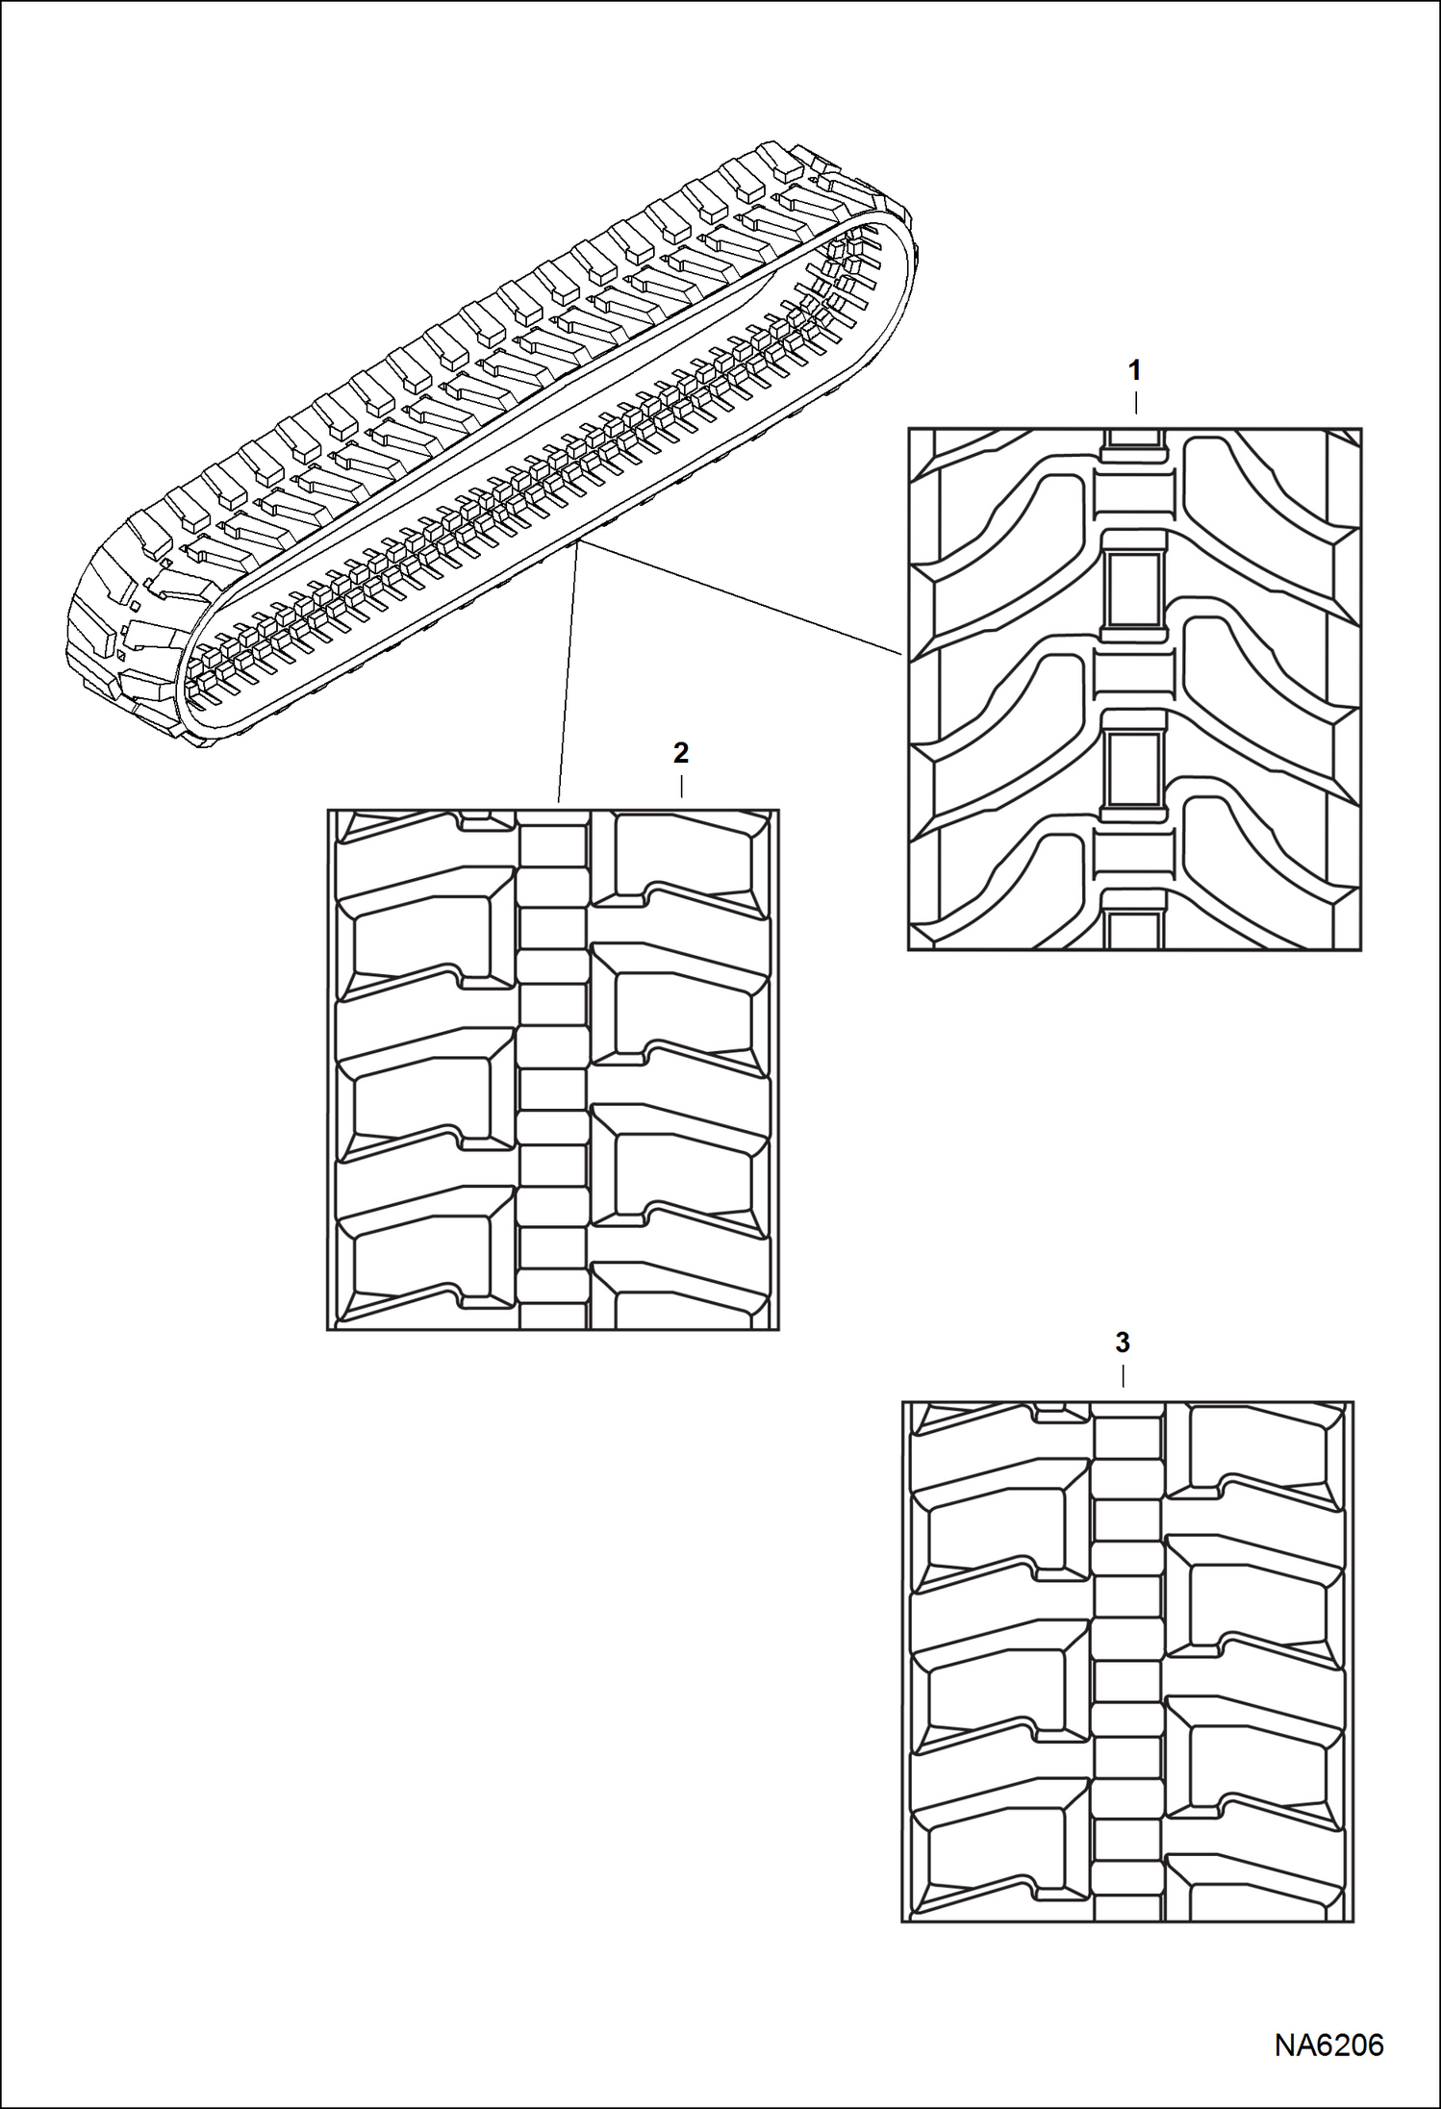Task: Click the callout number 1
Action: click(1135, 369)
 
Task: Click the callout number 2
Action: click(681, 752)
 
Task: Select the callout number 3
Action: click(1123, 1342)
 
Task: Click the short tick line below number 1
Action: click(1135, 402)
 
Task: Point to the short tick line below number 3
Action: click(1123, 1374)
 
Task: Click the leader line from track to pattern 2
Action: click(568, 673)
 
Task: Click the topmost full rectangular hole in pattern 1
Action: click(1134, 588)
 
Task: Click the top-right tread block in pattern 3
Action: click(1260, 1449)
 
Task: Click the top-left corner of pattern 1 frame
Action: click(909, 430)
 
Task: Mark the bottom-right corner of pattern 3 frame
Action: click(1353, 1921)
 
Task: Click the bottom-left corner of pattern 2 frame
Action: click(328, 1330)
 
